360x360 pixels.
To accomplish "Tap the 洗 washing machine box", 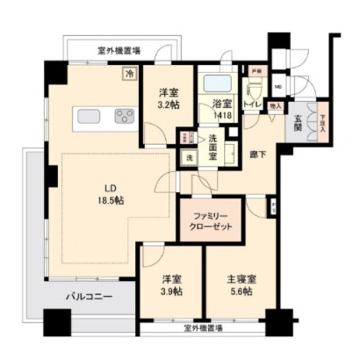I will pyautogui.click(x=188, y=158).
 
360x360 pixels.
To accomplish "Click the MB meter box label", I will pyautogui.click(x=277, y=85).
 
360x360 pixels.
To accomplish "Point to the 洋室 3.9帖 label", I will pyautogui.click(x=172, y=285).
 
